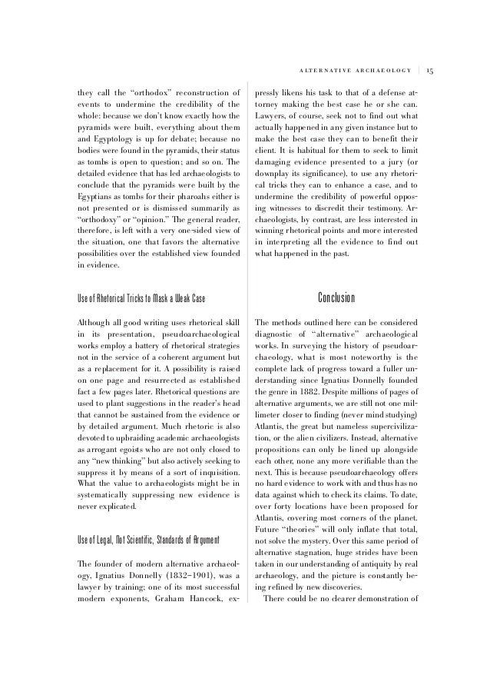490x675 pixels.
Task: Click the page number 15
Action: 430,71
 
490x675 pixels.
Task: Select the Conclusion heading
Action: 336,298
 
